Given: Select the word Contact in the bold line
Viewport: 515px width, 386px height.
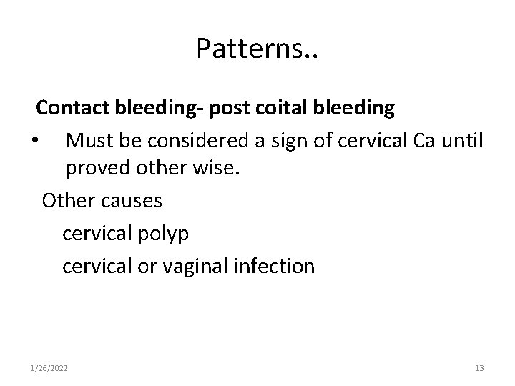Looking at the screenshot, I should coord(72,108).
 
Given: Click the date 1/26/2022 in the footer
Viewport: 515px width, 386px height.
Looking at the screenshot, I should coord(49,368).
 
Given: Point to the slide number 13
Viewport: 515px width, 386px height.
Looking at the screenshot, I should coord(479,368).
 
